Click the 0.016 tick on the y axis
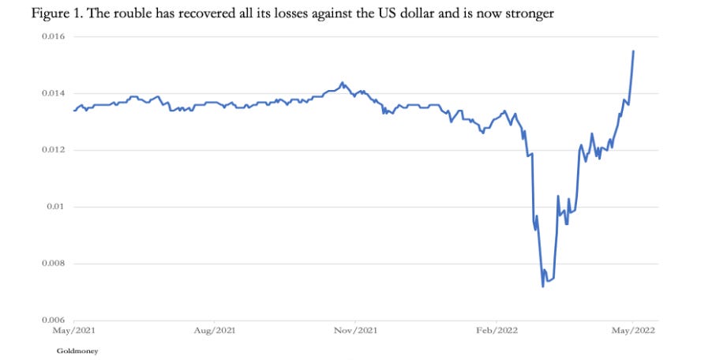[53, 36]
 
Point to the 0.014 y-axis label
[53, 93]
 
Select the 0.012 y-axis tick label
[53, 150]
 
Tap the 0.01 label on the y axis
[57, 207]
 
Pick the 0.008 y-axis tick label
[53, 264]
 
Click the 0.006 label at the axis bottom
[53, 321]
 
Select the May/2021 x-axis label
[74, 331]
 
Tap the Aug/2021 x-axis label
[215, 331]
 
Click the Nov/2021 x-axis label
[355, 331]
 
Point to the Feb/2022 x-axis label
[497, 331]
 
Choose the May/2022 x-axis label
[633, 331]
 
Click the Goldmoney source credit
[77, 351]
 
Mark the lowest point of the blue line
[542, 287]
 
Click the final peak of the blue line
[633, 51]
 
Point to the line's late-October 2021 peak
[342, 83]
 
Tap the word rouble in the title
[131, 13]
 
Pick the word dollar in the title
[414, 13]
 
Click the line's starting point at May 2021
[74, 111]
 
